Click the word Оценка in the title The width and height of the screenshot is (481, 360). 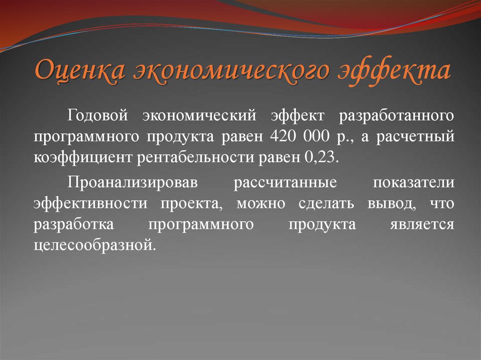79,70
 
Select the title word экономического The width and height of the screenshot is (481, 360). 227,70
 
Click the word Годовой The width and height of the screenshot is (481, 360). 98,115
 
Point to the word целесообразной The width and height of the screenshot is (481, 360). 94,245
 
